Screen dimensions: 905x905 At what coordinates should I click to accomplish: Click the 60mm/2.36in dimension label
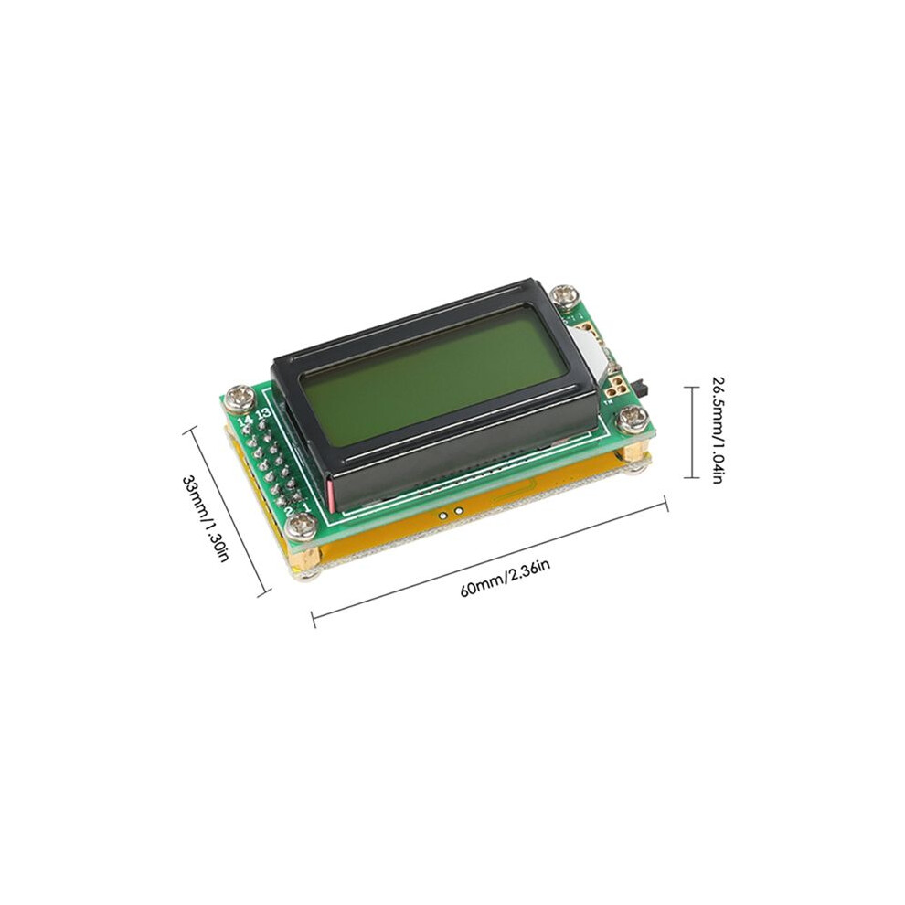(505, 579)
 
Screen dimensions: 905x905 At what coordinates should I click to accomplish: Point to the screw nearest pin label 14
(242, 399)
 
